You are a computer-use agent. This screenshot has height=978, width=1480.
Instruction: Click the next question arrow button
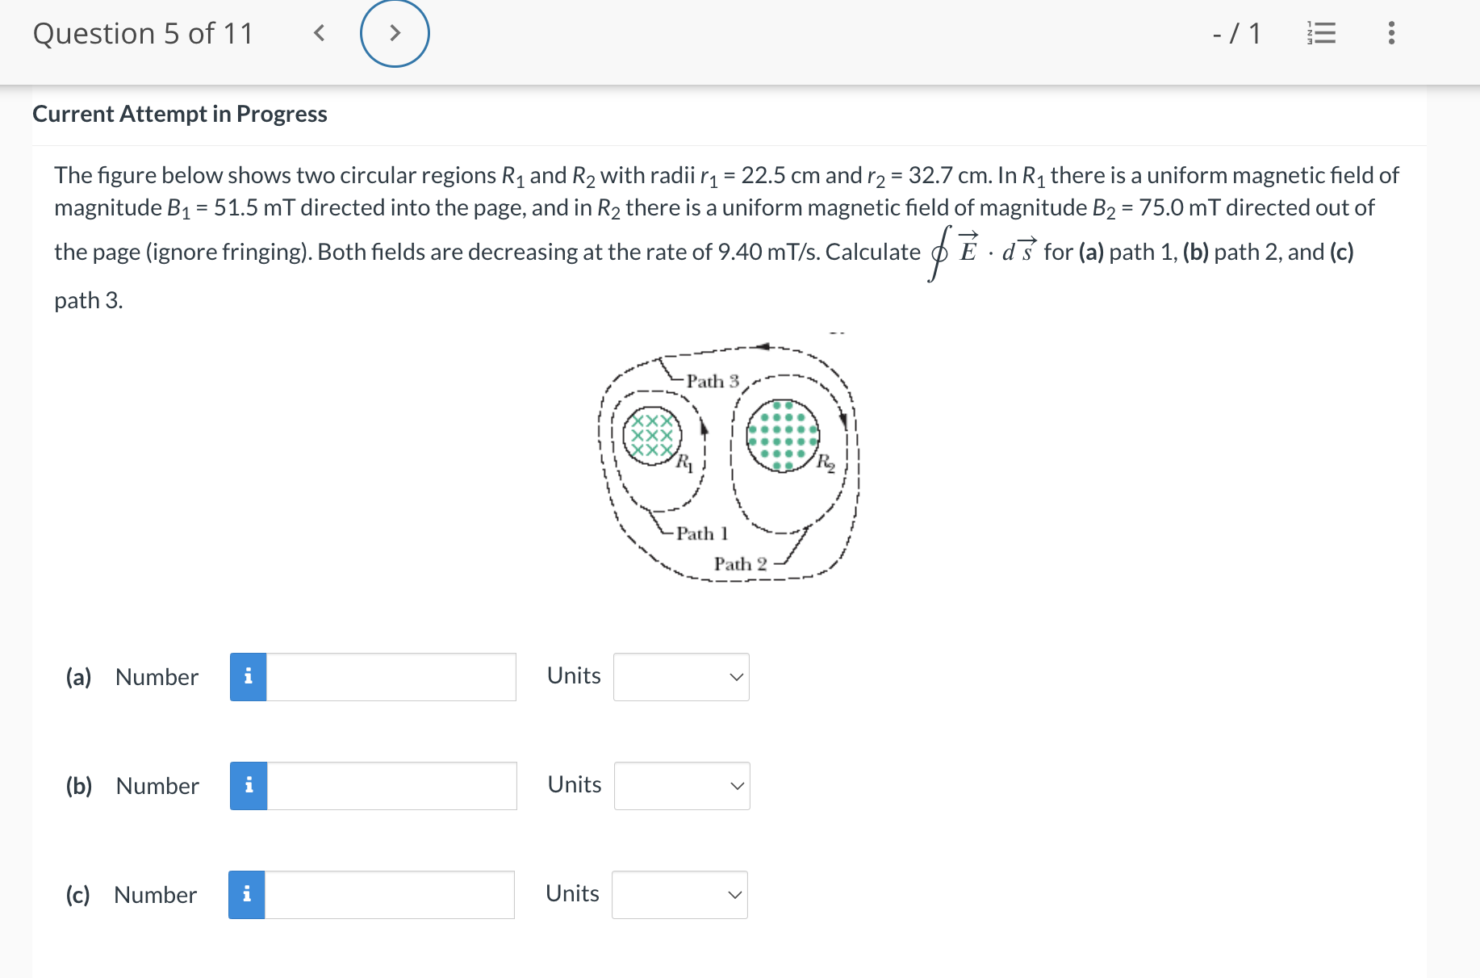[x=395, y=33]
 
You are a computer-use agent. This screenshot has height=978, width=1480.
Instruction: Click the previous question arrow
[x=320, y=33]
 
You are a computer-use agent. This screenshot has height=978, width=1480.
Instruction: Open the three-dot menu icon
[x=1391, y=33]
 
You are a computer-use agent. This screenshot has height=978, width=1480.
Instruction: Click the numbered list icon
[x=1321, y=33]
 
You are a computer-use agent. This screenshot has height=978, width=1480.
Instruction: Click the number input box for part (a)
[x=391, y=677]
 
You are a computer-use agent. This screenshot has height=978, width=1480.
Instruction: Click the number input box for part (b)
[x=392, y=786]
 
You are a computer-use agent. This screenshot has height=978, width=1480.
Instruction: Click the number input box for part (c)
[x=390, y=895]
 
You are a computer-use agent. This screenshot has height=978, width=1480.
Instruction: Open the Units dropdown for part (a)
[x=681, y=677]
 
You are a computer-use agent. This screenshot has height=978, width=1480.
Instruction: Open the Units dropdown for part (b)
[x=682, y=786]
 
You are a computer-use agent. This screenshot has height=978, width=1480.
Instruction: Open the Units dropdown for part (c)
[x=679, y=895]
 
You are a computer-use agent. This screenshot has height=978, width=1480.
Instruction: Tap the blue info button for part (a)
[x=249, y=677]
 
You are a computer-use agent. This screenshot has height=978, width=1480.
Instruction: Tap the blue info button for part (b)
[x=249, y=786]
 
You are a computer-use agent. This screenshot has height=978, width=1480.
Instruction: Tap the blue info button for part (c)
[x=247, y=895]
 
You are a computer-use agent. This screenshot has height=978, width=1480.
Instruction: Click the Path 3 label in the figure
[x=713, y=381]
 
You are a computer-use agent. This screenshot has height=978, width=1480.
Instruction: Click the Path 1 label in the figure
[x=702, y=533]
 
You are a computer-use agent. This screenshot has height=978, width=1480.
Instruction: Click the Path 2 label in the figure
[x=740, y=564]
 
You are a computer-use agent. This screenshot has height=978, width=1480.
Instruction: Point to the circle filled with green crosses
[x=652, y=436]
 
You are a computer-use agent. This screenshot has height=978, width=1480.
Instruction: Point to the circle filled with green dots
[x=783, y=436]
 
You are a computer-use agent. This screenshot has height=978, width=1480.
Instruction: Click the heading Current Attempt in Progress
[x=180, y=114]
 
